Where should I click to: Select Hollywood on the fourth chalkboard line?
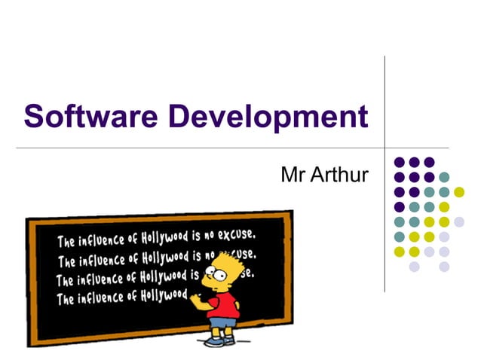pos(163,295)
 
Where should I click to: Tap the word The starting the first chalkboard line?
pos(66,243)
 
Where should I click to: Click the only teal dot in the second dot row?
pos(444,177)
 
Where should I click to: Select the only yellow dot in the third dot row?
pos(459,192)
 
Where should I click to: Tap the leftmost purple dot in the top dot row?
pos(399,162)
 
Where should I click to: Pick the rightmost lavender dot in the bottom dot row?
pos(444,267)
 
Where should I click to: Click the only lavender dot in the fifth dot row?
pos(459,221)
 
